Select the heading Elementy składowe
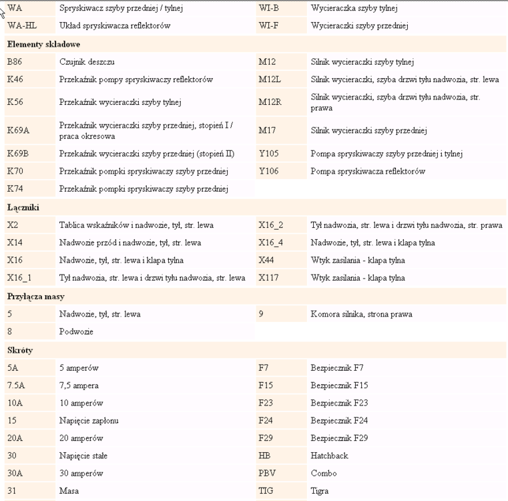point(43,44)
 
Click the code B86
point(15,62)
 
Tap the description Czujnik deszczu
point(87,62)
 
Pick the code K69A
point(18,130)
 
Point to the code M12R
point(270,102)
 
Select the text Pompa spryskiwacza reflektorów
point(368,172)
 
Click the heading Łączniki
point(23,207)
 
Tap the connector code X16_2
point(271,225)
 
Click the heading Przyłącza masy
point(35,296)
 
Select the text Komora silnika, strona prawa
point(361,314)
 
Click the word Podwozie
point(76,331)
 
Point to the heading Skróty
point(20,350)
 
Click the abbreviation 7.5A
point(15,385)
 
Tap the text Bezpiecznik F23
point(339,403)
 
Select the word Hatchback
point(329,456)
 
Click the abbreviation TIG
point(266,491)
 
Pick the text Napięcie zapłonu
point(89,421)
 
